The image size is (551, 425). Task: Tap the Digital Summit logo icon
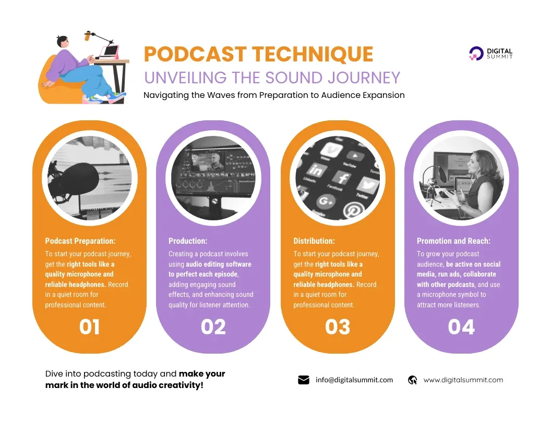pyautogui.click(x=475, y=53)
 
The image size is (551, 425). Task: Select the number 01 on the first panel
pyautogui.click(x=89, y=327)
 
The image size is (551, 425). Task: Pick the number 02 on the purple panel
pyautogui.click(x=213, y=327)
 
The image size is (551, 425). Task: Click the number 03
pyautogui.click(x=337, y=327)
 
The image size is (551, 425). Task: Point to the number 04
pyautogui.click(x=461, y=327)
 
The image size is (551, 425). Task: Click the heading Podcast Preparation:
pyautogui.click(x=80, y=241)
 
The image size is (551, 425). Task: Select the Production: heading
pyautogui.click(x=188, y=241)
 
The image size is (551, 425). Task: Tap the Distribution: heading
pyautogui.click(x=314, y=241)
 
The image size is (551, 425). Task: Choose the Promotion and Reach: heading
pyautogui.click(x=453, y=241)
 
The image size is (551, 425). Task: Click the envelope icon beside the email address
pyautogui.click(x=304, y=380)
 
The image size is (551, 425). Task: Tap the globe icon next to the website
pyautogui.click(x=412, y=380)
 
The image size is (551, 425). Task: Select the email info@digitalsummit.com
pyautogui.click(x=354, y=380)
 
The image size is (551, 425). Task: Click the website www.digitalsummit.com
pyautogui.click(x=463, y=380)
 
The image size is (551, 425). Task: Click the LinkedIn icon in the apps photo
pyautogui.click(x=315, y=170)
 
